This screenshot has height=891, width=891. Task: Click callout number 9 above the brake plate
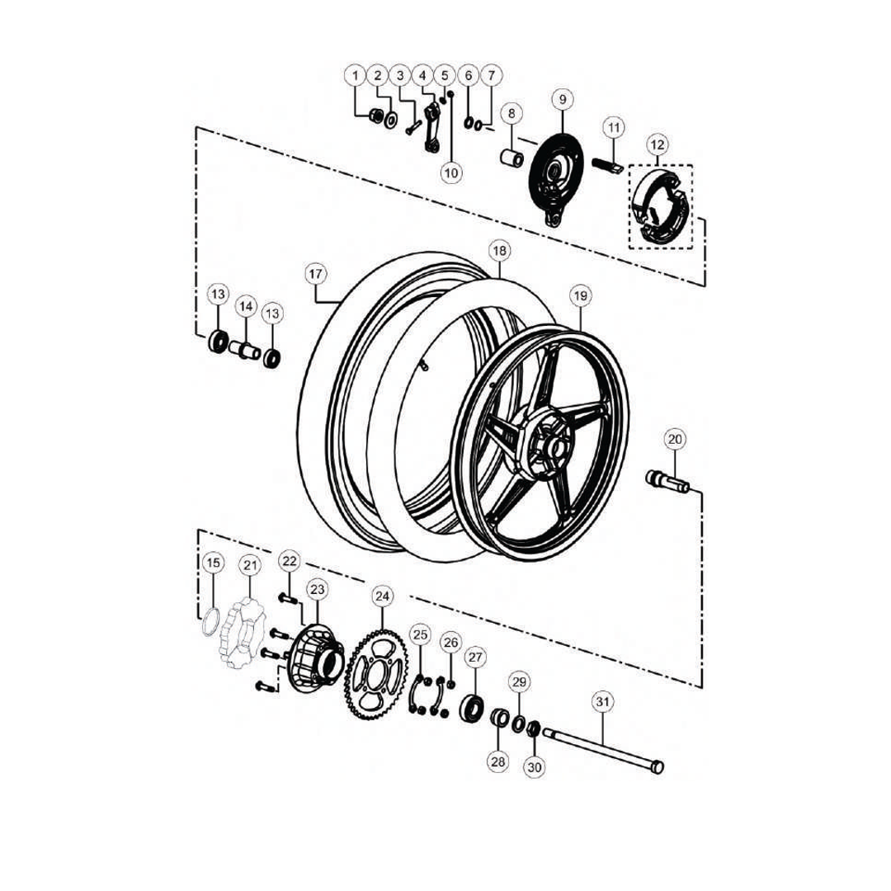pyautogui.click(x=563, y=100)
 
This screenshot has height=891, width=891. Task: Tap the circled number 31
pyautogui.click(x=603, y=702)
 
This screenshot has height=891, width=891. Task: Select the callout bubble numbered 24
pyautogui.click(x=383, y=596)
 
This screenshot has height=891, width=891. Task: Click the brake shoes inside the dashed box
pyautogui.click(x=659, y=207)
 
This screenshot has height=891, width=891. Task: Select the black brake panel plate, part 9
pyautogui.click(x=557, y=177)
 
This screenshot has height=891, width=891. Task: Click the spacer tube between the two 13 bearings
pyautogui.click(x=246, y=348)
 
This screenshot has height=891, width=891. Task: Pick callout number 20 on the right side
pyautogui.click(x=675, y=439)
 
